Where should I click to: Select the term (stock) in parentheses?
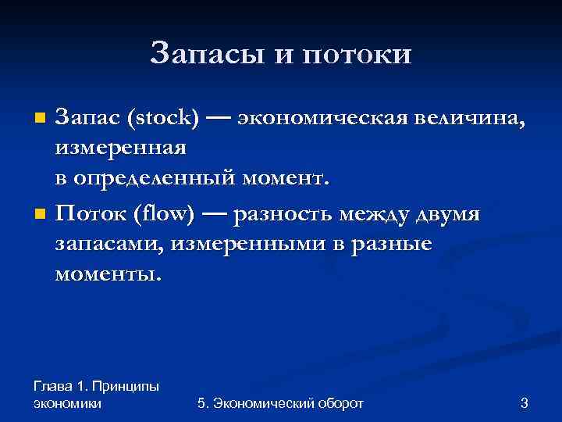click(165, 119)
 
